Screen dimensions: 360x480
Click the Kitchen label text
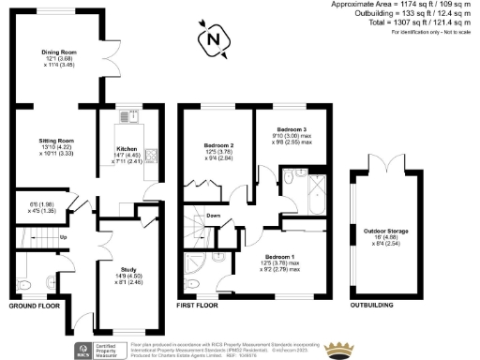tap(126, 148)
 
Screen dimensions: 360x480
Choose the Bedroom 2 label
tap(218, 145)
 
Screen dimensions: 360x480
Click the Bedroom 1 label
tap(278, 257)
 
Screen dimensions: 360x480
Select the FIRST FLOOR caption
tap(198, 306)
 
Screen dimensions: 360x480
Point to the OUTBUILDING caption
tap(371, 306)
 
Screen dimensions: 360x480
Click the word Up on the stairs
tap(64, 237)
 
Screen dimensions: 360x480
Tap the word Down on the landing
tap(214, 215)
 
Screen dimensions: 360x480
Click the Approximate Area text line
tap(409, 5)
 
